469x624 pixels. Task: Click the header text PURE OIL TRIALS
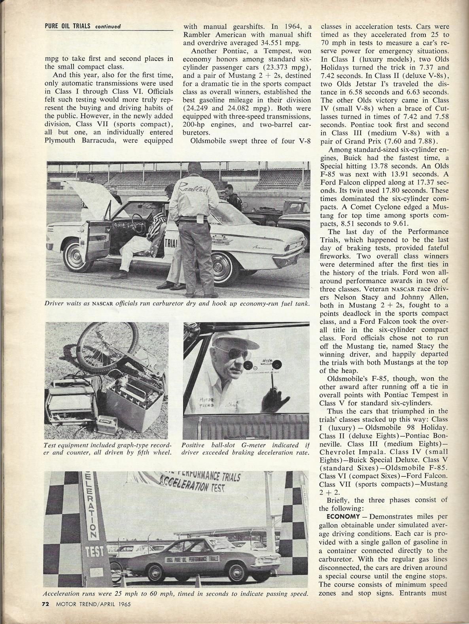[68, 26]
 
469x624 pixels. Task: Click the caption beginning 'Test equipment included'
[108, 448]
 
